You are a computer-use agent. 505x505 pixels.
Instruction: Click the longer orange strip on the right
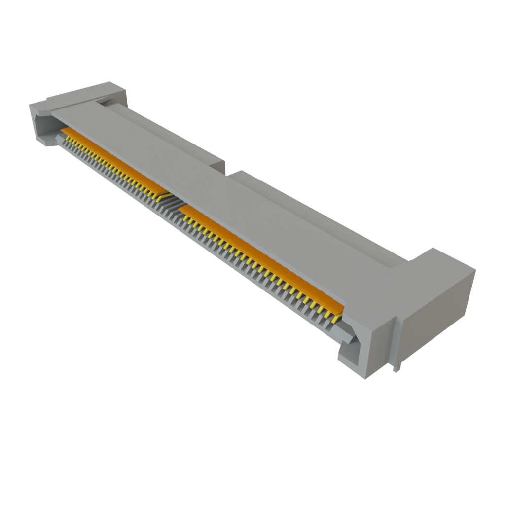[261, 256]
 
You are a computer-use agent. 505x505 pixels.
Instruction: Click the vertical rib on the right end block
[397, 340]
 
